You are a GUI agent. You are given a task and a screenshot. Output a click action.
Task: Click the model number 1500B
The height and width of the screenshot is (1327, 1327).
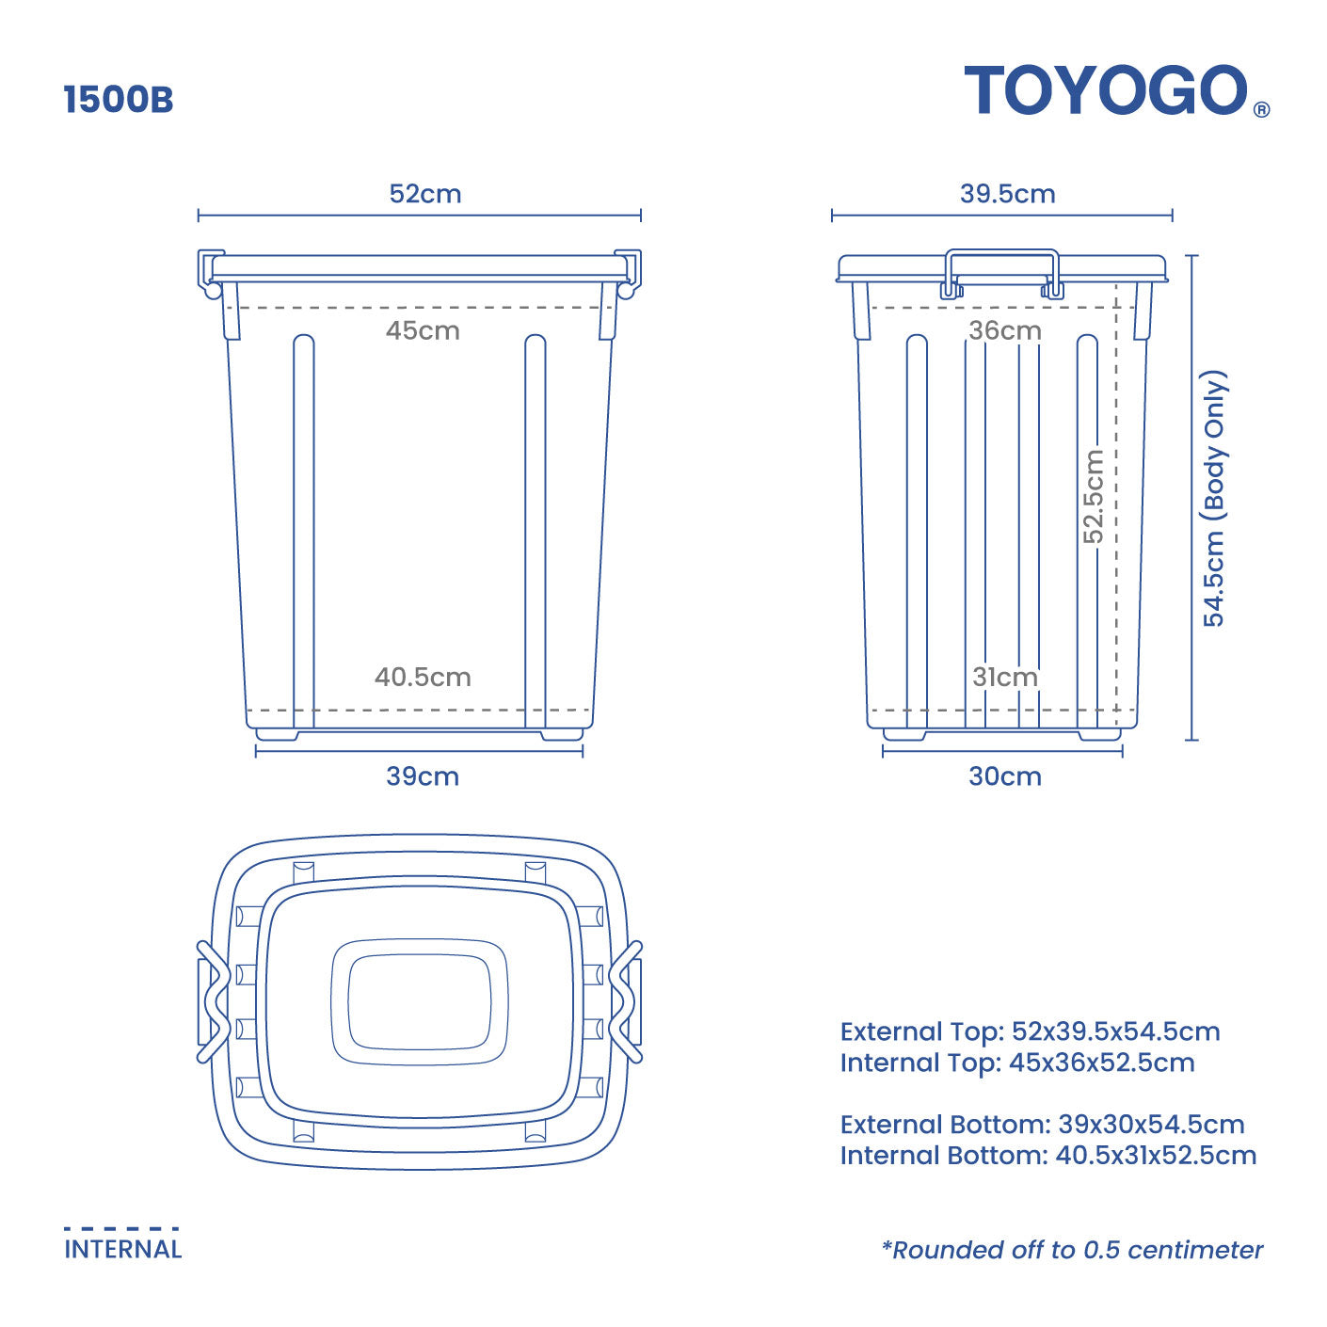[x=119, y=100]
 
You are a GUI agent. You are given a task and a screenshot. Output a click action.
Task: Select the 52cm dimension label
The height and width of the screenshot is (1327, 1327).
[x=425, y=194]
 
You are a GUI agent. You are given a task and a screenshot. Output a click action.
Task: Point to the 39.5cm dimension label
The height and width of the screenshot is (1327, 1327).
[x=1007, y=194]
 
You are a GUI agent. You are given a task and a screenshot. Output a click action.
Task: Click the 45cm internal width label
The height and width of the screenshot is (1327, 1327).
[x=423, y=330]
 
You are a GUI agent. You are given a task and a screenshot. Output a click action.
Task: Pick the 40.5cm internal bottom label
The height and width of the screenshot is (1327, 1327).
[x=423, y=677]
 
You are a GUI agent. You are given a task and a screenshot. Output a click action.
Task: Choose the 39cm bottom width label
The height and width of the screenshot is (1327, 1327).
[x=423, y=776]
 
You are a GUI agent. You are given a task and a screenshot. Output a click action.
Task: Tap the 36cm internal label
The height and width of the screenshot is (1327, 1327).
[x=1005, y=330]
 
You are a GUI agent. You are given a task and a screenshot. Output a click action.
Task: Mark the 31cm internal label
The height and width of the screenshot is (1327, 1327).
[x=1005, y=677]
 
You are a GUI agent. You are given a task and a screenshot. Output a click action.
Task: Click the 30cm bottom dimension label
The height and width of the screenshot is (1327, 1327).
[x=1005, y=776]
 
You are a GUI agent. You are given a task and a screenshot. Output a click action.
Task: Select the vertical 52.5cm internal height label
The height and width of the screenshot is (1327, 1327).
[x=1094, y=496]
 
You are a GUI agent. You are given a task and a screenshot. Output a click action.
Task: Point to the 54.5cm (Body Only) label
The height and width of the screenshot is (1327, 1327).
[x=1214, y=498]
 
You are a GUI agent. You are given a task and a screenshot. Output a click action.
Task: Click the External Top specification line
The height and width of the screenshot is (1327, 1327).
[x=1030, y=1031]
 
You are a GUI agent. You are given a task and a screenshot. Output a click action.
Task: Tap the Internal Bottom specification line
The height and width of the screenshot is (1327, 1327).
[x=1047, y=1155]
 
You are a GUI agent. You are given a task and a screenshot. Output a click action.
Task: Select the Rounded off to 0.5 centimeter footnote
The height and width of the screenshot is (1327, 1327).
[x=1072, y=1250]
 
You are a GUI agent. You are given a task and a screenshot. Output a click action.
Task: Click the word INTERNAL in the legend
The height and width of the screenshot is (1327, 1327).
[x=122, y=1249]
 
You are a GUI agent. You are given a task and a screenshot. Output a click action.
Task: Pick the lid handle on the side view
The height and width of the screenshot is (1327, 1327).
[x=1002, y=253]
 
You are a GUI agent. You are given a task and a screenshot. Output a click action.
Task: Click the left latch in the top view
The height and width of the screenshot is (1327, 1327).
[x=214, y=1001]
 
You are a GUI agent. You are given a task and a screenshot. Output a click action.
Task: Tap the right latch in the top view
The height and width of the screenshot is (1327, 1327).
[x=627, y=1001]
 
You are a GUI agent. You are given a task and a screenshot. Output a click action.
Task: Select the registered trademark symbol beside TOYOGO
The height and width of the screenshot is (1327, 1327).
[x=1262, y=110]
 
